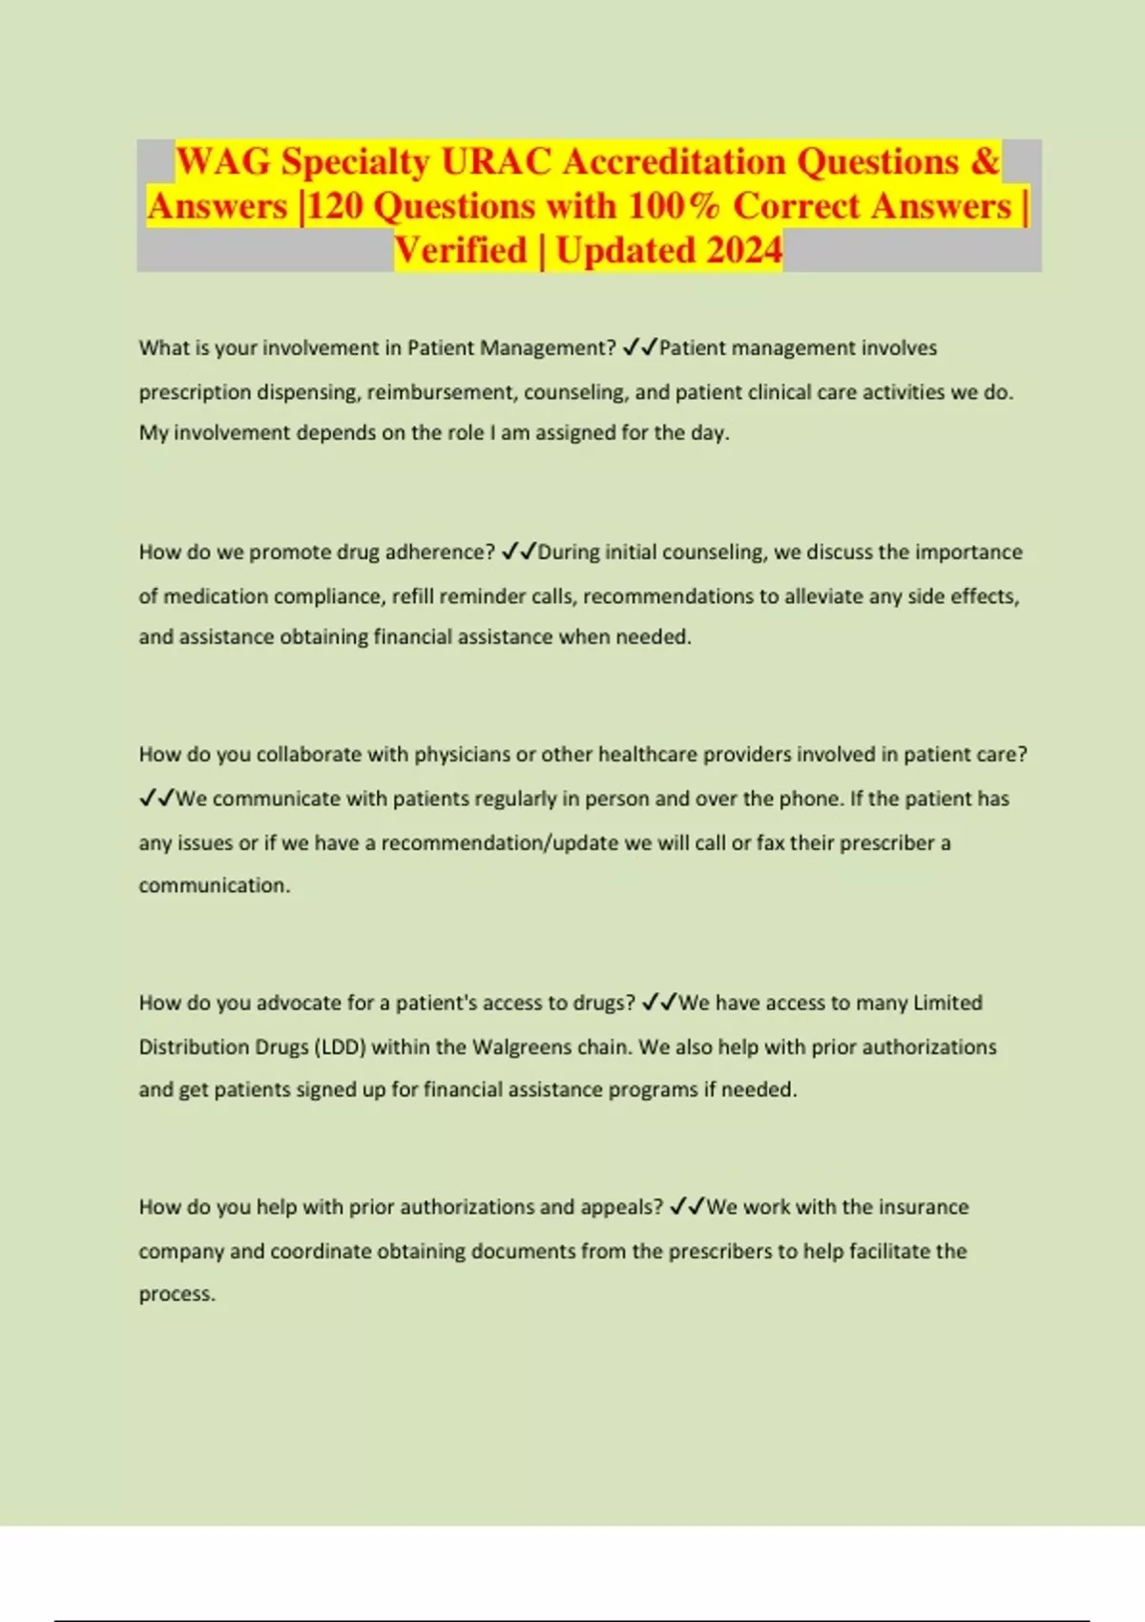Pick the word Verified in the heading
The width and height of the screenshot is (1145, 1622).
461,250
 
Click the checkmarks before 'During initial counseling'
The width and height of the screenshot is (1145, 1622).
518,552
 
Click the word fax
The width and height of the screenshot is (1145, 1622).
770,843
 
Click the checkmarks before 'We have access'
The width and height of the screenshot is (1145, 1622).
658,1003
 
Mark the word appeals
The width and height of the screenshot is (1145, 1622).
621,1207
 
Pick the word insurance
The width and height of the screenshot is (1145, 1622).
923,1207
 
